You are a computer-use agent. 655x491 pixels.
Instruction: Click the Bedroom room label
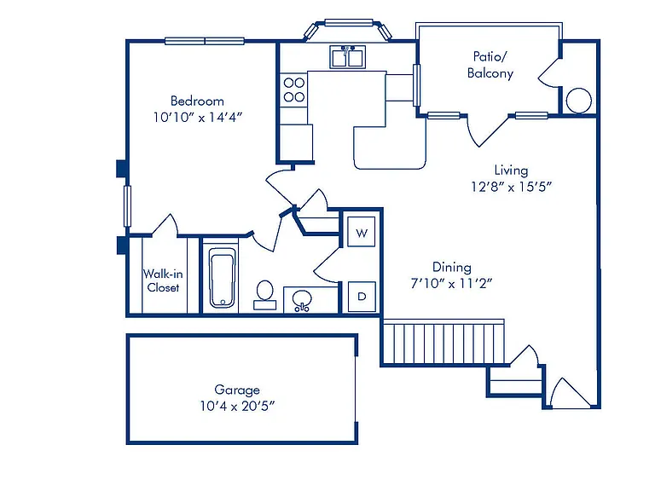(197, 101)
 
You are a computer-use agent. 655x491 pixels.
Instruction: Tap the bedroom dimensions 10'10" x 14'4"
(198, 118)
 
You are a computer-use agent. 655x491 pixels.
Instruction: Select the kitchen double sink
(348, 57)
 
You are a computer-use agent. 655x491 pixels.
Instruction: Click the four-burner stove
(293, 90)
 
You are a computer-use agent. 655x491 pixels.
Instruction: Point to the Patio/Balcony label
(490, 65)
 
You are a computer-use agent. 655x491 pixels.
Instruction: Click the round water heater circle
(578, 101)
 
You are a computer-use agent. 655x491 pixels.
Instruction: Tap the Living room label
(511, 170)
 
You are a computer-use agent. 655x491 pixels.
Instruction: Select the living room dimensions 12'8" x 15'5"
(512, 186)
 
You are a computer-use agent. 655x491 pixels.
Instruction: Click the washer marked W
(362, 232)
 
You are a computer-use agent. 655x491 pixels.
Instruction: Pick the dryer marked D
(362, 297)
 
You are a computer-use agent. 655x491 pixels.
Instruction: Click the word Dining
(451, 267)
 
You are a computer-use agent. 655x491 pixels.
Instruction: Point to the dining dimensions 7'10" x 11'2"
(451, 284)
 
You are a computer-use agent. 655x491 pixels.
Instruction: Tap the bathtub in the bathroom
(223, 278)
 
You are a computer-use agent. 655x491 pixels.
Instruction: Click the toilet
(265, 295)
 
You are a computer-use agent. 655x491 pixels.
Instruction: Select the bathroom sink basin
(302, 300)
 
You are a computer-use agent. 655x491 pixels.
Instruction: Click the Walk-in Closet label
(163, 280)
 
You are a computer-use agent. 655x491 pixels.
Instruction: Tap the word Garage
(237, 390)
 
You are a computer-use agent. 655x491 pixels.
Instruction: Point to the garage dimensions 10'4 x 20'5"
(237, 406)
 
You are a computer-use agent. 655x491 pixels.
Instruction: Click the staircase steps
(443, 342)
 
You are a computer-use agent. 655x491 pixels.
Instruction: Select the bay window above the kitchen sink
(348, 29)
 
